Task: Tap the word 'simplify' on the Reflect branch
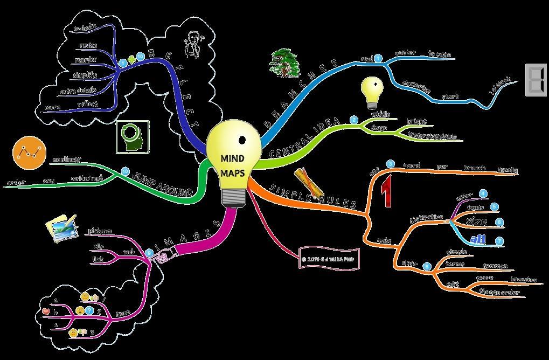click(85, 75)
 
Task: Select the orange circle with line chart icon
click(27, 153)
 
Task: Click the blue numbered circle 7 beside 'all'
click(499, 240)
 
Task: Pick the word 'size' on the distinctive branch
click(476, 221)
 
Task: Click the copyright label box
click(329, 258)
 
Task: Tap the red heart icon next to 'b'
click(45, 311)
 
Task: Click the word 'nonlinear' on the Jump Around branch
click(67, 160)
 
